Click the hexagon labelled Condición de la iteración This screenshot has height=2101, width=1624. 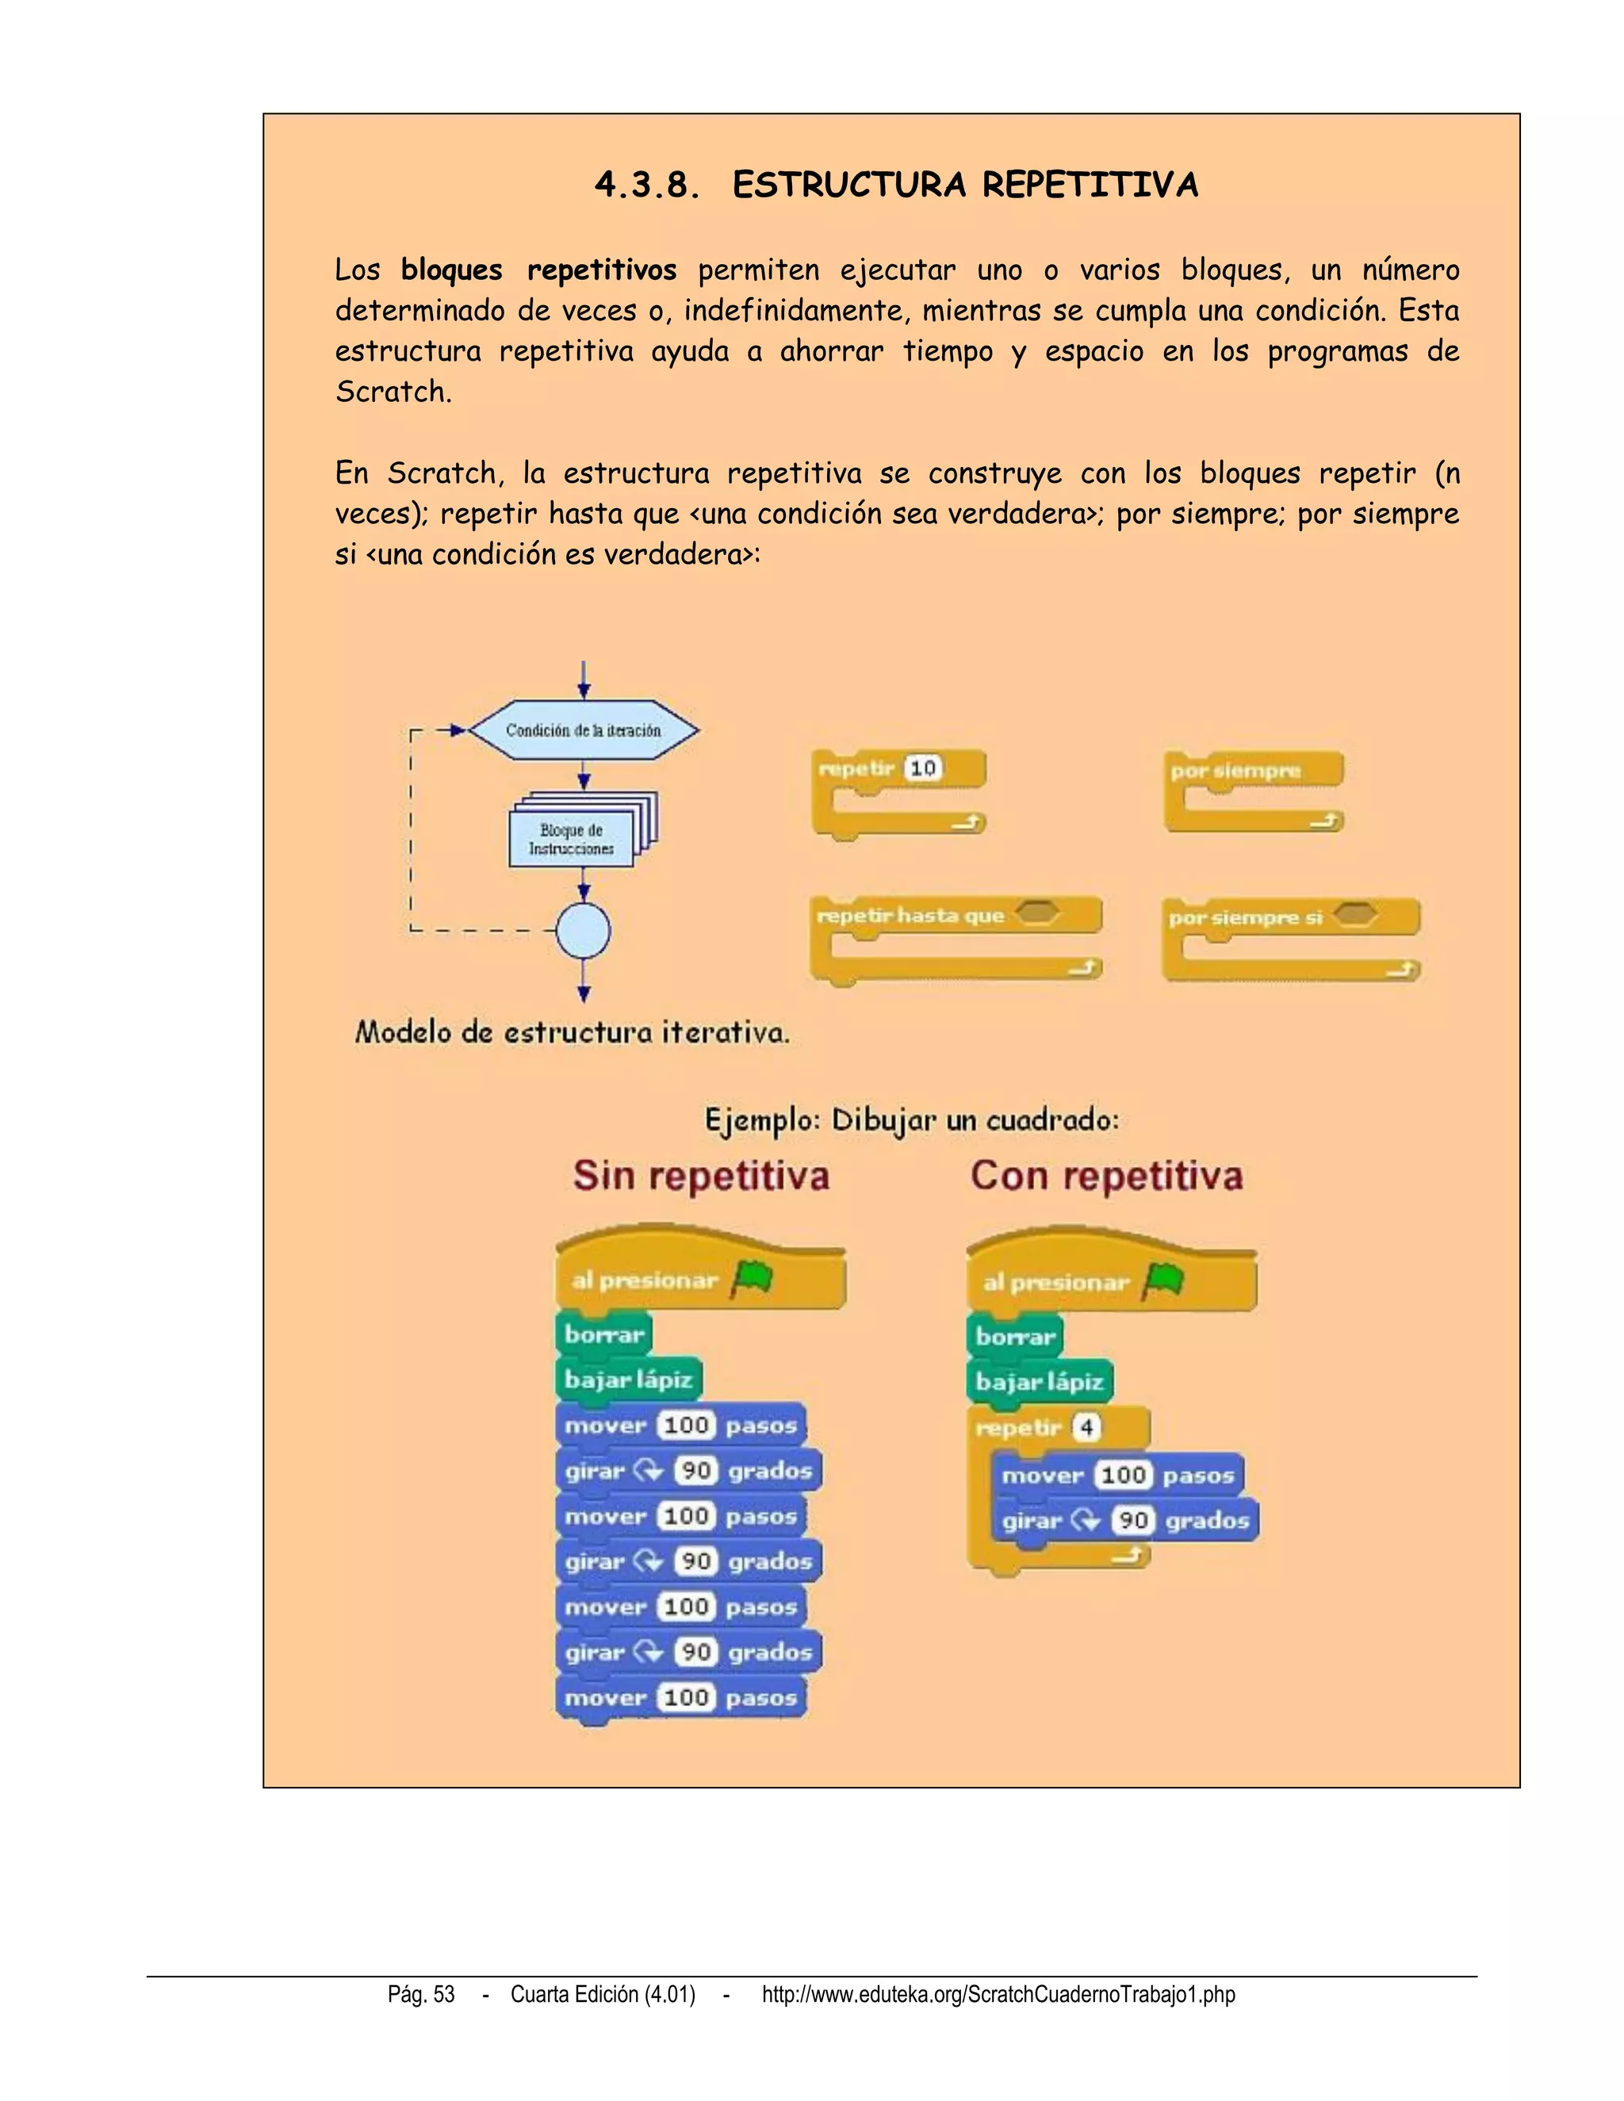[x=583, y=730]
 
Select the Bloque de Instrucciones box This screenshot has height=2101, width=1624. [x=572, y=840]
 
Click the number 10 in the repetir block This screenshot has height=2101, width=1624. [x=923, y=768]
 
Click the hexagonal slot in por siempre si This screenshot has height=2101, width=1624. [x=1355, y=915]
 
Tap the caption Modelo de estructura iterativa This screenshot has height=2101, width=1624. [x=573, y=1033]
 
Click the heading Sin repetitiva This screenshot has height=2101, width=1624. [x=701, y=1177]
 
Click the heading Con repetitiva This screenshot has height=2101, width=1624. [x=1106, y=1177]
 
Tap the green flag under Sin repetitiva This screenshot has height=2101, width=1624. [x=753, y=1280]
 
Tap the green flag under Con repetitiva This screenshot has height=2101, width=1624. [x=1164, y=1281]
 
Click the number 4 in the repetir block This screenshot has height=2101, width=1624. [x=1086, y=1428]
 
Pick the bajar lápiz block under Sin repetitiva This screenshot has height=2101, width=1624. [x=628, y=1380]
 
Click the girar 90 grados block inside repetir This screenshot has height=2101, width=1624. [x=1124, y=1521]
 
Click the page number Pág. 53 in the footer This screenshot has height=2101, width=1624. [x=421, y=1994]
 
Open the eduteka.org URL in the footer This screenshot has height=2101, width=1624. [x=998, y=1994]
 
